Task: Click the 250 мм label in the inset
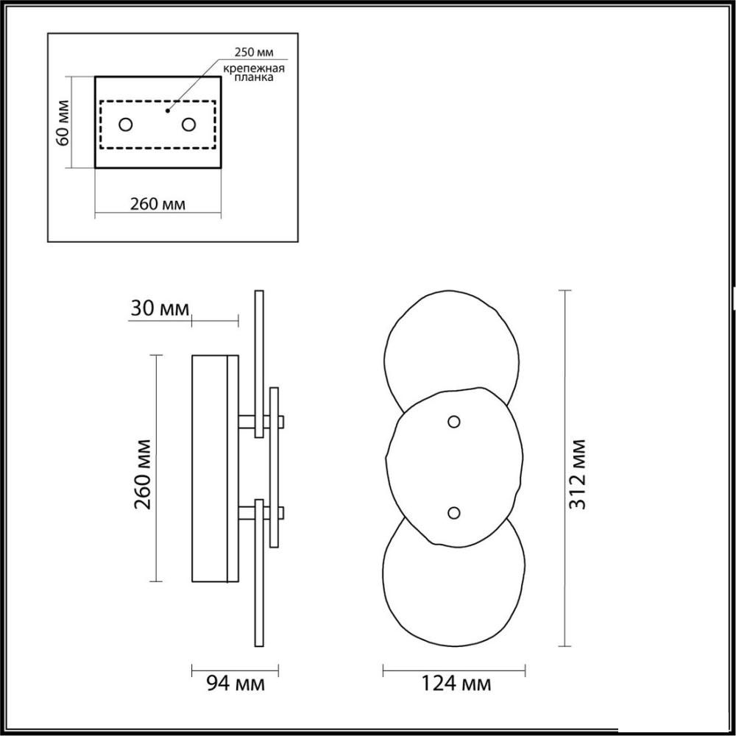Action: pos(254,52)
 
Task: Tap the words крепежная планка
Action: pos(254,73)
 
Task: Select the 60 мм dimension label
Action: pos(63,122)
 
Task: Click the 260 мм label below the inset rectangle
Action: pos(158,204)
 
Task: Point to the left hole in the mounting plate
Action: pos(126,125)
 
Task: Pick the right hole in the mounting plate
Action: pos(188,125)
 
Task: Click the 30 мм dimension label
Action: pos(160,309)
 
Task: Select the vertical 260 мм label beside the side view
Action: pos(143,475)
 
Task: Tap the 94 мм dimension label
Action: pos(236,684)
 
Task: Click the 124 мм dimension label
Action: pos(456,684)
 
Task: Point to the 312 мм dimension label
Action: pos(577,475)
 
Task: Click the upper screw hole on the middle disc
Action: pos(453,422)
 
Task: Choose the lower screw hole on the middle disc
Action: pos(453,512)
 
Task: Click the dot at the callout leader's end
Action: pos(167,111)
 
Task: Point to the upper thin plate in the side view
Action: pos(258,364)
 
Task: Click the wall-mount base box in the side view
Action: pos(215,468)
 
